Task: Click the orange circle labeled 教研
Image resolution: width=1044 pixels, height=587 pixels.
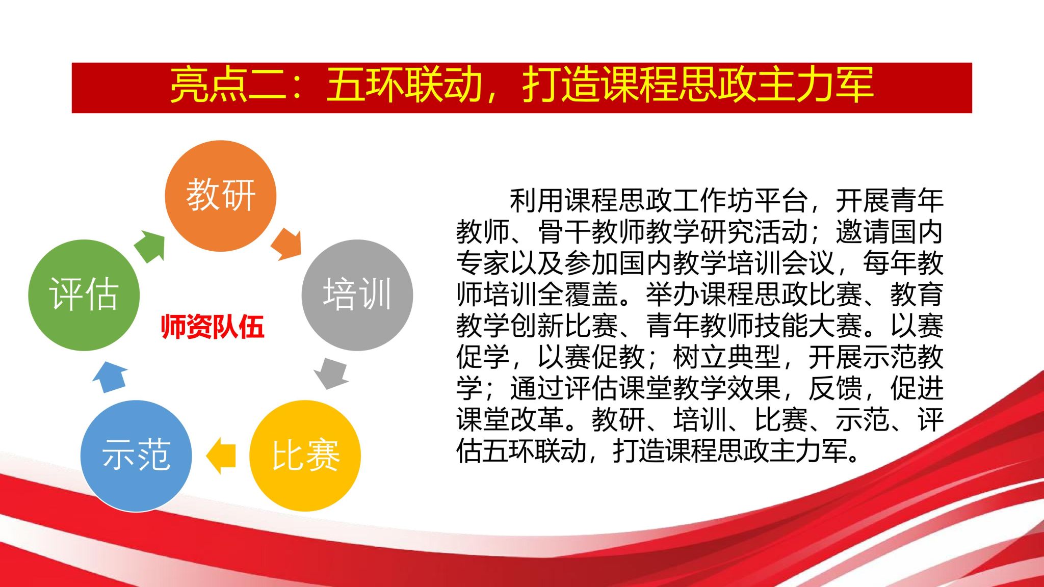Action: click(220, 196)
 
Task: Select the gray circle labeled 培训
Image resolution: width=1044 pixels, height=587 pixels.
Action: click(357, 295)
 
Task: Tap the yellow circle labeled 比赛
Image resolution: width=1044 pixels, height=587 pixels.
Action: click(305, 456)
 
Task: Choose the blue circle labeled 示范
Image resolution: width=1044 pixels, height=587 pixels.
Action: click(136, 456)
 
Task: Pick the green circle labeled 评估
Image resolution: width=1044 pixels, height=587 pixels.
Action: click(84, 295)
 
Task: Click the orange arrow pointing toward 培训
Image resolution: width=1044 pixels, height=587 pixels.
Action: click(286, 245)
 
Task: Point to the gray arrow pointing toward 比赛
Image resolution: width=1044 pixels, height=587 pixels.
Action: click(331, 373)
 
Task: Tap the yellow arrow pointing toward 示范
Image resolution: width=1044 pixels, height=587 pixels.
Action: click(221, 456)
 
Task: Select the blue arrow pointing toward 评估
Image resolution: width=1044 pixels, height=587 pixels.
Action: click(110, 377)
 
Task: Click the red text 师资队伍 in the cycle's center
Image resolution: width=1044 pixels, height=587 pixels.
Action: click(213, 327)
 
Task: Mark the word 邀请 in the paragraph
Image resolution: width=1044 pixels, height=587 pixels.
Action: click(863, 232)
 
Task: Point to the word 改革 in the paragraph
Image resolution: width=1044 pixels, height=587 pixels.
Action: click(537, 419)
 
